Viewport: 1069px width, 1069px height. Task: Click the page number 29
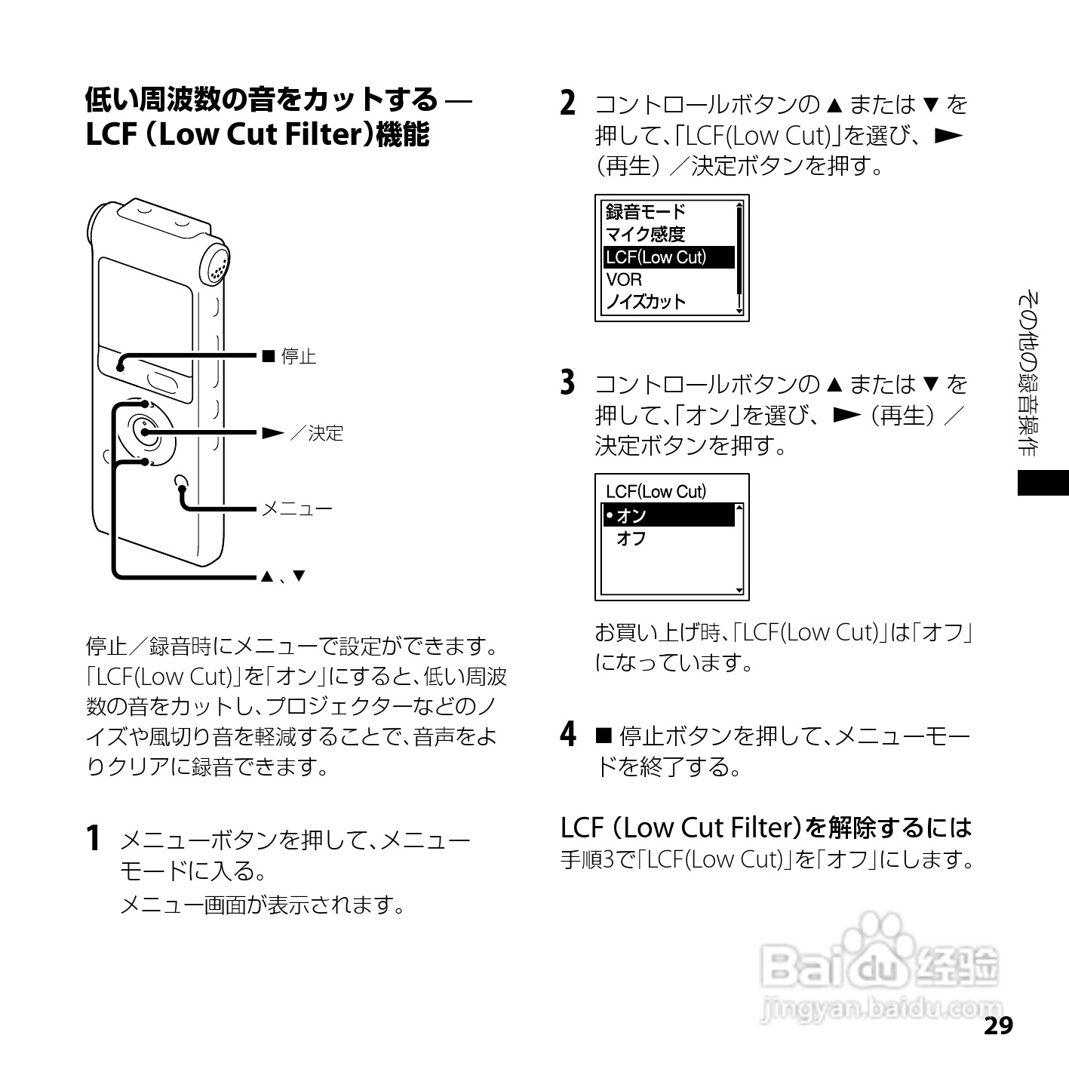coord(997,1026)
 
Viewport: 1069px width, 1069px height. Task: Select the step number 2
coord(568,103)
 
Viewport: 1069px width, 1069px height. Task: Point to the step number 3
coord(568,383)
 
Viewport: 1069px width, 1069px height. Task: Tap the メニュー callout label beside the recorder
coord(296,508)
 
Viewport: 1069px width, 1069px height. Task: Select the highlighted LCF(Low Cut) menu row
coord(668,257)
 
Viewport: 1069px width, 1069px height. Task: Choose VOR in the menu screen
coord(624,279)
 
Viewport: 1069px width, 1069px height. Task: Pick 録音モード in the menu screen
coord(646,212)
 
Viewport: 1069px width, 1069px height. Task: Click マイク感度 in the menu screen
coord(646,235)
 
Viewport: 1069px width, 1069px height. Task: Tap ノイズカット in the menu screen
coord(647,302)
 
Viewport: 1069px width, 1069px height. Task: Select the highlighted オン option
coord(668,515)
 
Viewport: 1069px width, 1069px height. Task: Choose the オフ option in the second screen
coord(631,539)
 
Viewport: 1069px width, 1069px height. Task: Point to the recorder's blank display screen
coord(145,309)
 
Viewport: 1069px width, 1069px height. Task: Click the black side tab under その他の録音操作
coord(1043,482)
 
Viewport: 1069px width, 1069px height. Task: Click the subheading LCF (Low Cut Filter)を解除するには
coord(765,828)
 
